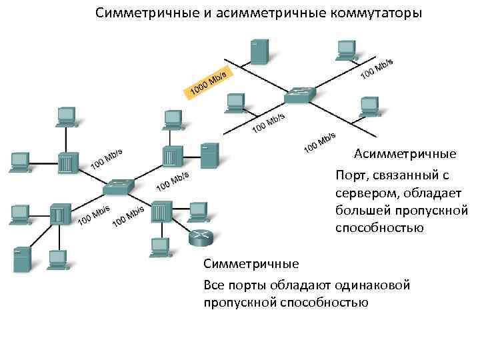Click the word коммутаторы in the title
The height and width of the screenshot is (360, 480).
373,13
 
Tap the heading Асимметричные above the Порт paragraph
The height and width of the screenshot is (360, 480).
405,155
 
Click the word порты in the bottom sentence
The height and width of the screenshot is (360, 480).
250,285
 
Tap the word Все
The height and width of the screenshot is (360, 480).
215,285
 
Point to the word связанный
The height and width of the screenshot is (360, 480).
407,176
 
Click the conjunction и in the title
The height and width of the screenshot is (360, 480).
197,13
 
